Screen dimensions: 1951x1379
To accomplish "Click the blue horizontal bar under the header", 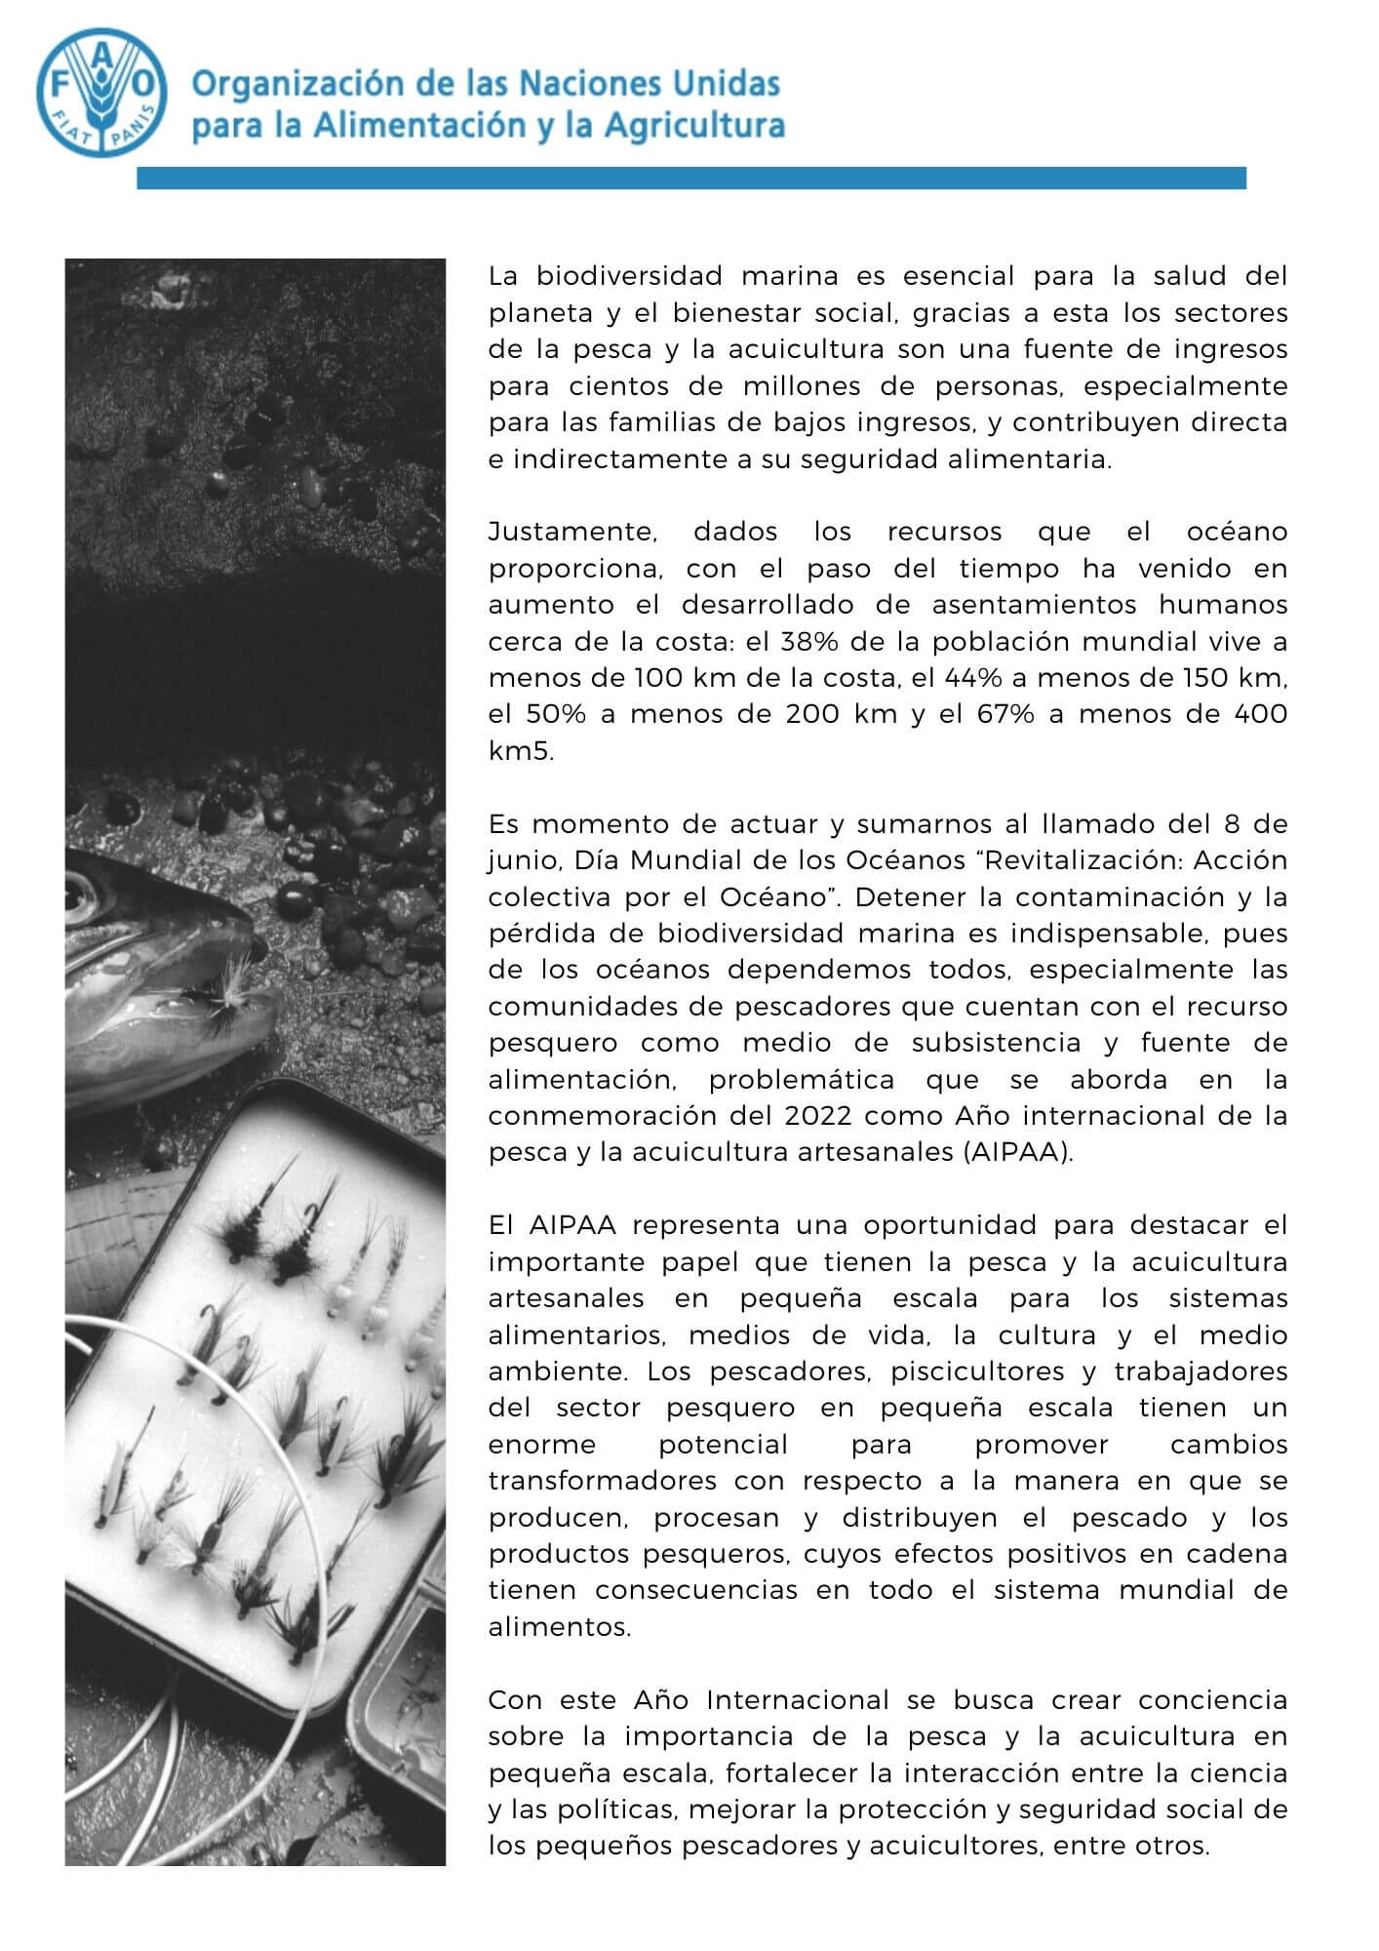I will pos(690,178).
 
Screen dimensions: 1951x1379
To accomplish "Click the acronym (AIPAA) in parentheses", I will pos(1023,1152).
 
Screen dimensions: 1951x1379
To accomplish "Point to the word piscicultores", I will pos(975,1372).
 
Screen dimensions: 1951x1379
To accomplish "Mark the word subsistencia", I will pos(997,1043).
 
